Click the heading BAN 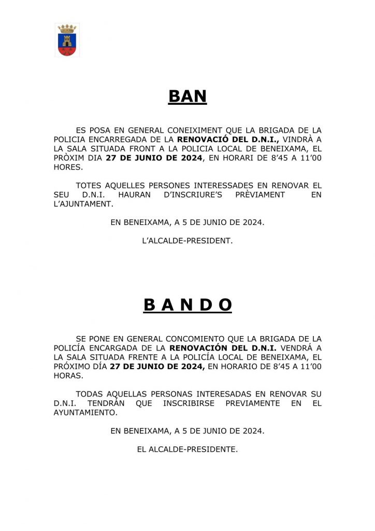pos(187,96)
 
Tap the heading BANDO pos(187,306)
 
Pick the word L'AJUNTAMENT pos(83,204)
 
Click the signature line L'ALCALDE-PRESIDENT pos(187,241)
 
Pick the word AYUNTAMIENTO pos(85,412)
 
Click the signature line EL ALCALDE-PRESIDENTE pos(187,450)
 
